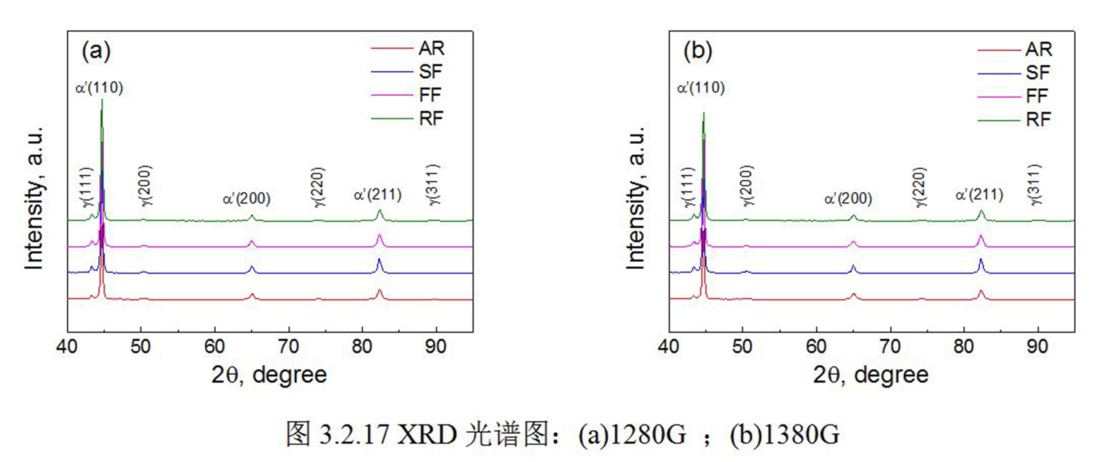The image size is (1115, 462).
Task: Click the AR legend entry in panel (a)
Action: pos(431,48)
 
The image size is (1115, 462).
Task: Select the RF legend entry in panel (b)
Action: pos(1038,119)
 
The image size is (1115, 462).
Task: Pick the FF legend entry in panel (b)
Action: pos(1037,96)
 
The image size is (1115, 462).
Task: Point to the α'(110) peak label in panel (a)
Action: pos(100,88)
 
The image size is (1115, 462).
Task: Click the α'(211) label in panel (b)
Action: pos(979,195)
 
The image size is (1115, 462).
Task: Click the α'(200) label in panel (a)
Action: pos(246,199)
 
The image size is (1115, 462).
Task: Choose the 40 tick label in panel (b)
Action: pos(668,347)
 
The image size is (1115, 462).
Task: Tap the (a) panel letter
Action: pos(96,51)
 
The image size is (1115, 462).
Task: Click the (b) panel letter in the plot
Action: pos(697,51)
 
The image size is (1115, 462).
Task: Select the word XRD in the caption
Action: pos(427,435)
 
